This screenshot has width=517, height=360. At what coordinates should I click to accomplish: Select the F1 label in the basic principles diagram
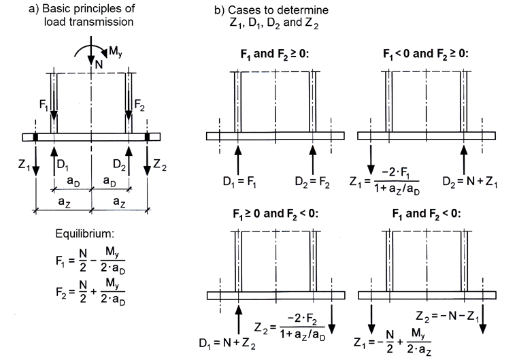click(x=43, y=105)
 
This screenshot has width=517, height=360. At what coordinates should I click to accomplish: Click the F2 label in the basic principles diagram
click(x=141, y=105)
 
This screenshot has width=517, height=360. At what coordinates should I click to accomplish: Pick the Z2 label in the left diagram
click(x=159, y=164)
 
